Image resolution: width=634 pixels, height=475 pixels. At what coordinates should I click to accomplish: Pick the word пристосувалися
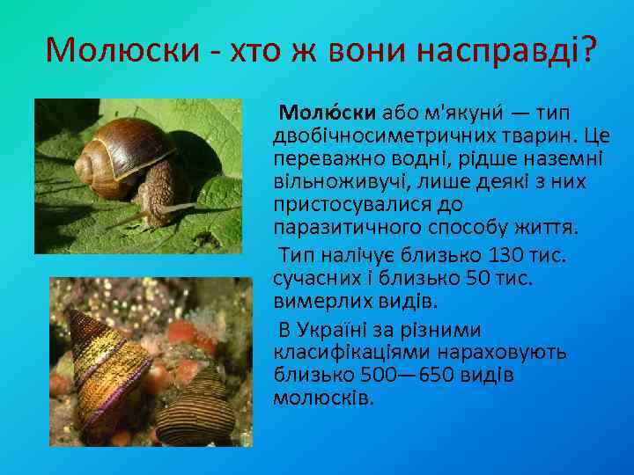tap(338, 206)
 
